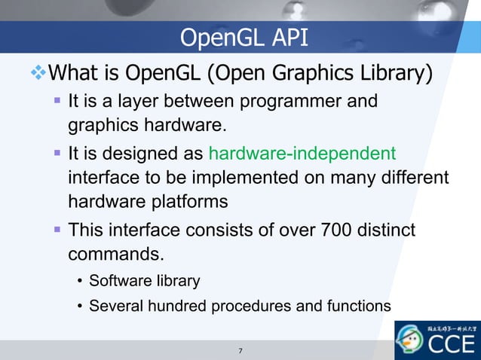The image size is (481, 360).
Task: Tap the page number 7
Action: click(x=240, y=351)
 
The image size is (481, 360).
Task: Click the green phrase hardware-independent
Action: click(x=302, y=154)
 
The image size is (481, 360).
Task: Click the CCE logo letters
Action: click(x=450, y=346)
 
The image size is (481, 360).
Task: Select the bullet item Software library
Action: click(x=144, y=282)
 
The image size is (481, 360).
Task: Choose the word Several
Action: click(x=112, y=307)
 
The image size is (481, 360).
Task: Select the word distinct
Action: click(x=388, y=228)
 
